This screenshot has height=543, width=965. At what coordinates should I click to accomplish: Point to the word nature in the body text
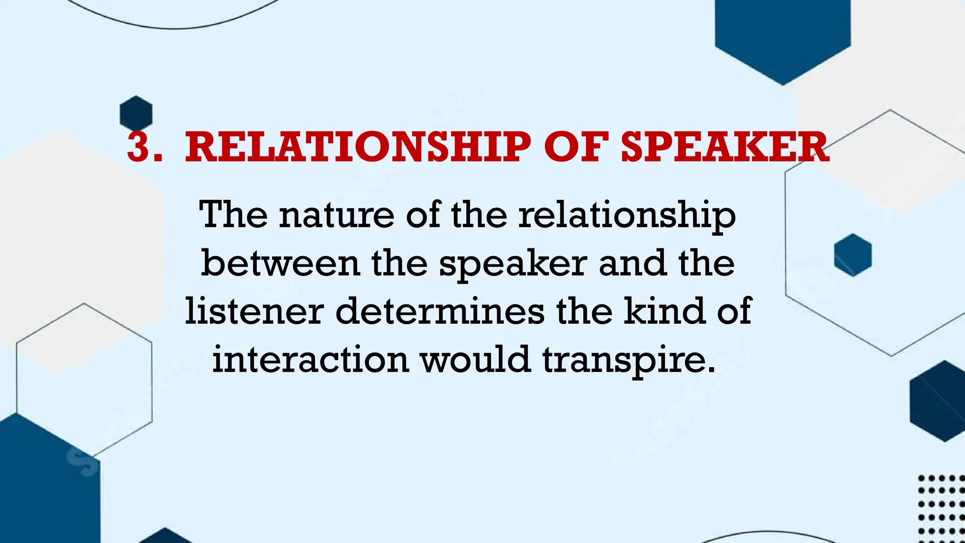point(336,215)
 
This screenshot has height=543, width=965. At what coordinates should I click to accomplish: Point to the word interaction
point(311,359)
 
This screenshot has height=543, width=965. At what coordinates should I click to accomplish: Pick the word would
point(476,359)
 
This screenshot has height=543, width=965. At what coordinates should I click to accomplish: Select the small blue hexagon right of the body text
point(853,255)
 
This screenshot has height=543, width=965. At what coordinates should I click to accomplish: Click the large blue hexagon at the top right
point(783,35)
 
